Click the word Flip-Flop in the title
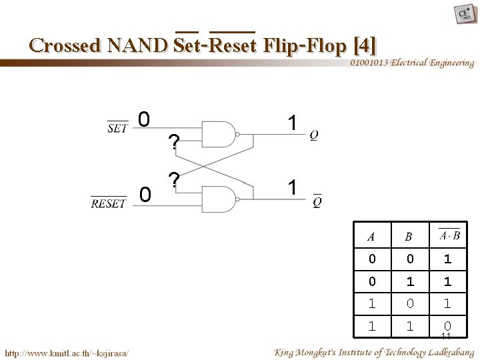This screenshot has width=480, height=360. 305,45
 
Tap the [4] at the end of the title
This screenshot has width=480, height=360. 365,45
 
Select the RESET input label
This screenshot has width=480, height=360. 109,203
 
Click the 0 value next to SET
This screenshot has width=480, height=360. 143,120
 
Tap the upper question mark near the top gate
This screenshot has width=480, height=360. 173,142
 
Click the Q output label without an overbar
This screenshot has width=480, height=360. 314,135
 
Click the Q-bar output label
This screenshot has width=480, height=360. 317,201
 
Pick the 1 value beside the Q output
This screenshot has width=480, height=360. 291,122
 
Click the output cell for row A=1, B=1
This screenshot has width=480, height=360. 447,326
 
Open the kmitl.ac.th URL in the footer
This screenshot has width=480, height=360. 67,352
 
